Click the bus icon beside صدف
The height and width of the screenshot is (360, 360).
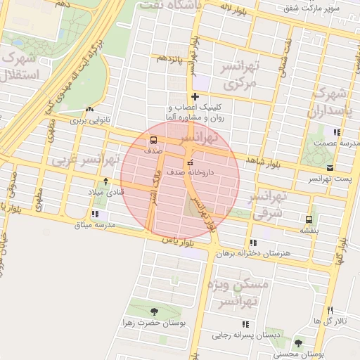click(x=153, y=139)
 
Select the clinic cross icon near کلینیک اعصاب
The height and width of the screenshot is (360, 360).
click(x=195, y=96)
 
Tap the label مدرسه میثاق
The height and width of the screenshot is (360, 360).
click(x=96, y=225)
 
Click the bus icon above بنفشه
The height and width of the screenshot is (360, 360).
click(x=309, y=219)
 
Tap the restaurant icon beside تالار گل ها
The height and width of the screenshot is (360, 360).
click(x=330, y=311)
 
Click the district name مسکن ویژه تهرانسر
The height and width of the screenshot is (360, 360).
click(x=238, y=292)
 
